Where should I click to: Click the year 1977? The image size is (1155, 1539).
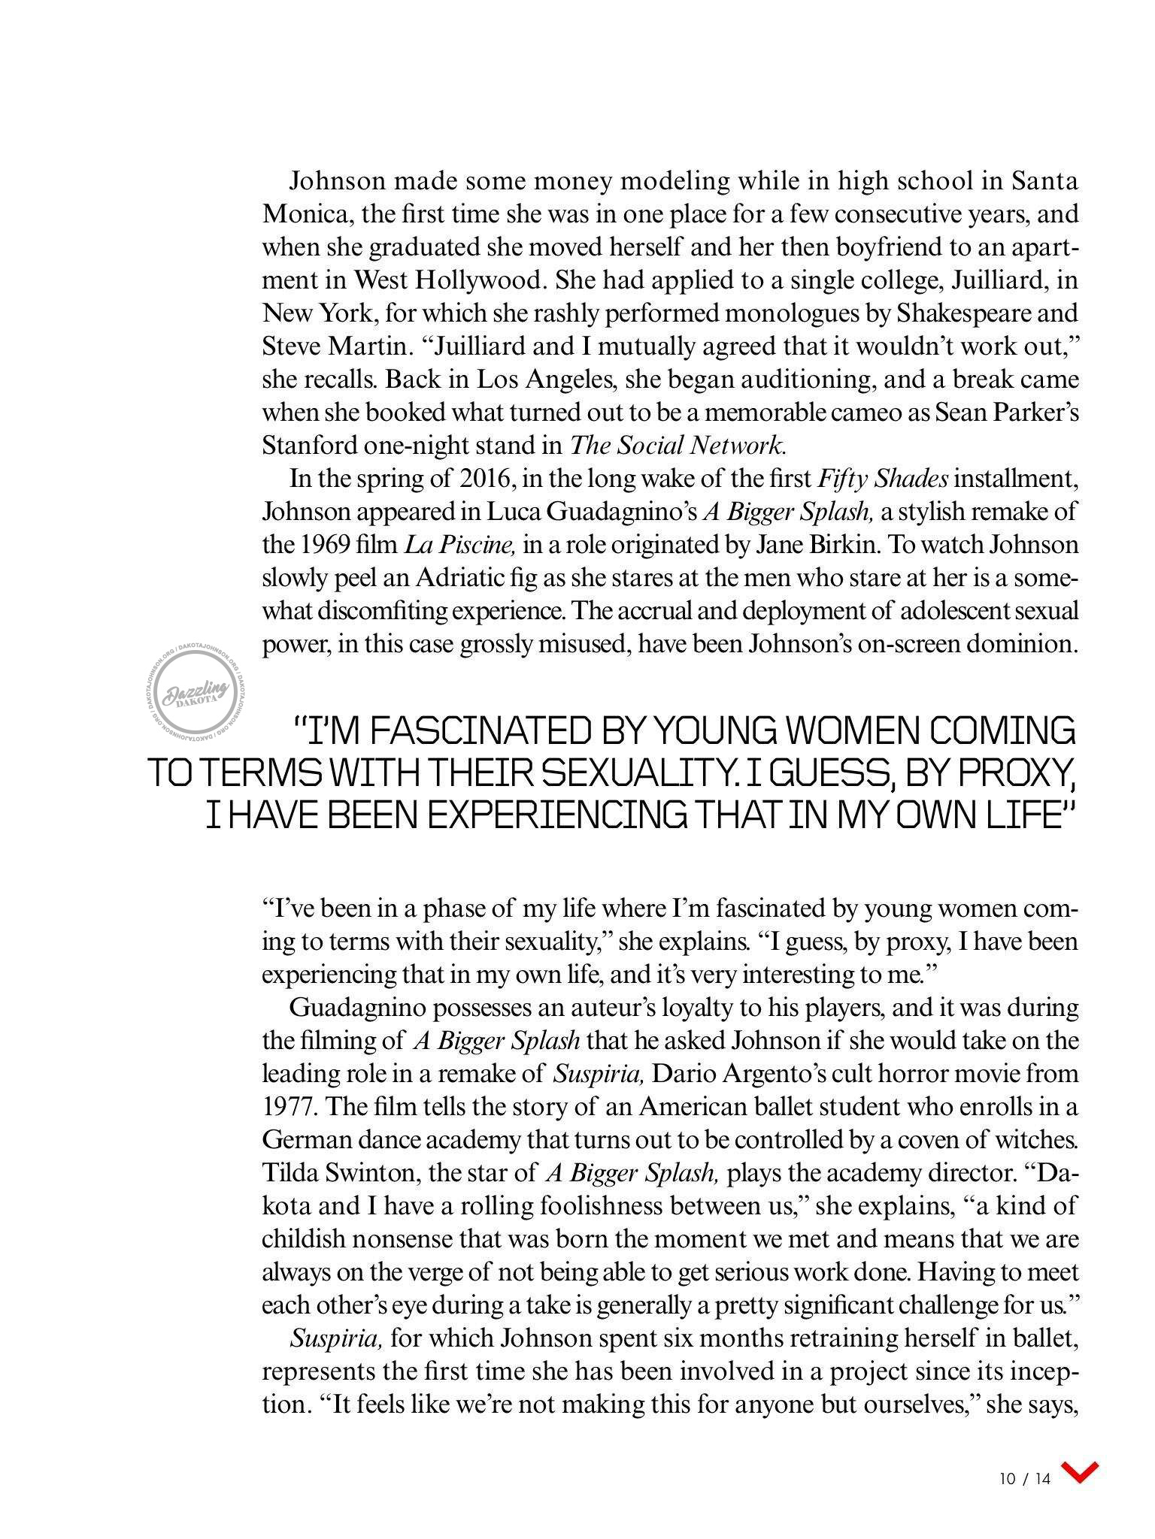291,1107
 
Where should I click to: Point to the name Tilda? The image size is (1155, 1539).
290,1173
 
